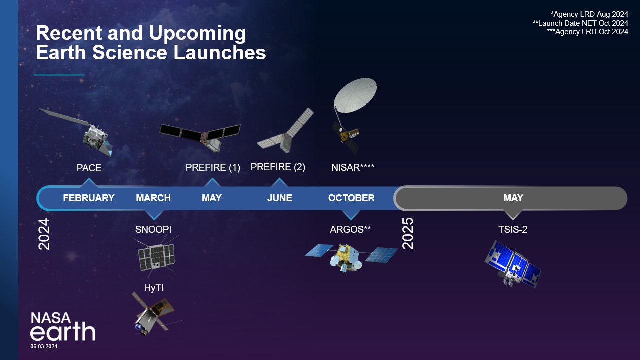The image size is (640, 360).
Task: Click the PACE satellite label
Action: pyautogui.click(x=89, y=168)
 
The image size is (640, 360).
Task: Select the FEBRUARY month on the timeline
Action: pyautogui.click(x=89, y=198)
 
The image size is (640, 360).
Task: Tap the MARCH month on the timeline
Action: pyautogui.click(x=153, y=198)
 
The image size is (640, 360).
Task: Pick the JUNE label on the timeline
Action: pyautogui.click(x=279, y=198)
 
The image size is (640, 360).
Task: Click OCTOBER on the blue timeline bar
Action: pyautogui.click(x=351, y=198)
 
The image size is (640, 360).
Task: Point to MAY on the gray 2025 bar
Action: pyautogui.click(x=513, y=198)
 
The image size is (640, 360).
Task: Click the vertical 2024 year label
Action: pyautogui.click(x=45, y=234)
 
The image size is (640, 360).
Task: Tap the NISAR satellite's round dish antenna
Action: pyautogui.click(x=355, y=94)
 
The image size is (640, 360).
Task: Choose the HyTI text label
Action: pyautogui.click(x=153, y=287)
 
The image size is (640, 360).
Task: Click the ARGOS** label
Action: pyautogui.click(x=350, y=230)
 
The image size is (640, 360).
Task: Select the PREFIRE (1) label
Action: pyautogui.click(x=213, y=168)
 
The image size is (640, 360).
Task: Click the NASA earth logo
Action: pyautogui.click(x=62, y=327)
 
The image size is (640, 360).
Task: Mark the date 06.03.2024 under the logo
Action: pyautogui.click(x=44, y=346)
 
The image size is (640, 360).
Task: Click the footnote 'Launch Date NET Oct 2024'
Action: pyautogui.click(x=580, y=23)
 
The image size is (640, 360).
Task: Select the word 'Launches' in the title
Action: pyautogui.click(x=220, y=53)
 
